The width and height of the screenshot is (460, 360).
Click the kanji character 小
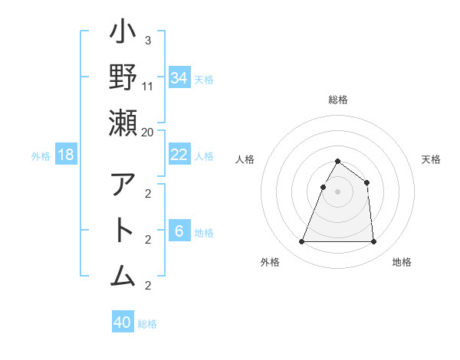pyautogui.click(x=123, y=34)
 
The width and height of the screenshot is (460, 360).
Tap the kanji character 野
pyautogui.click(x=123, y=79)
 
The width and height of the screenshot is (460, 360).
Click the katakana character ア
pyautogui.click(x=123, y=185)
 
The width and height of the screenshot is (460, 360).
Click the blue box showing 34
pyautogui.click(x=179, y=77)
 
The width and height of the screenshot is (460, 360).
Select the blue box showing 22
pyautogui.click(x=179, y=155)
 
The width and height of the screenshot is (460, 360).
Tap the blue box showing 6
pyautogui.click(x=179, y=231)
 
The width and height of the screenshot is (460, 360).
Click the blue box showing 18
pyautogui.click(x=66, y=155)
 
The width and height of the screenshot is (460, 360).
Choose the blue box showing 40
pyautogui.click(x=123, y=322)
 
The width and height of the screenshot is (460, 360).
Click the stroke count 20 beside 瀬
pyautogui.click(x=147, y=131)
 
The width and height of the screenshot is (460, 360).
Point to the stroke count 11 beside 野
pyautogui.click(x=148, y=86)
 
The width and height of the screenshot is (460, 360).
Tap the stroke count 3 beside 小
pyautogui.click(x=148, y=40)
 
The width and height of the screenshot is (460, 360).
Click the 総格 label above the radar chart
pyautogui.click(x=337, y=100)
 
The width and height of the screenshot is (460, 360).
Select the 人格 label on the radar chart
pyautogui.click(x=245, y=159)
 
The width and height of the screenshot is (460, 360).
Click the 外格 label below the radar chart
pyautogui.click(x=269, y=262)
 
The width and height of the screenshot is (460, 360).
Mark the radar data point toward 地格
pyautogui.click(x=373, y=242)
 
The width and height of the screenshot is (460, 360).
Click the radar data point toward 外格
pyautogui.click(x=301, y=242)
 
